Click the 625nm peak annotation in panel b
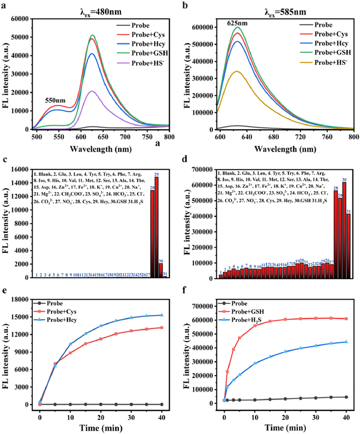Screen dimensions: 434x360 coord(238,23)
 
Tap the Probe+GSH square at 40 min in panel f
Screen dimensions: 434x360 coord(345,319)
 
